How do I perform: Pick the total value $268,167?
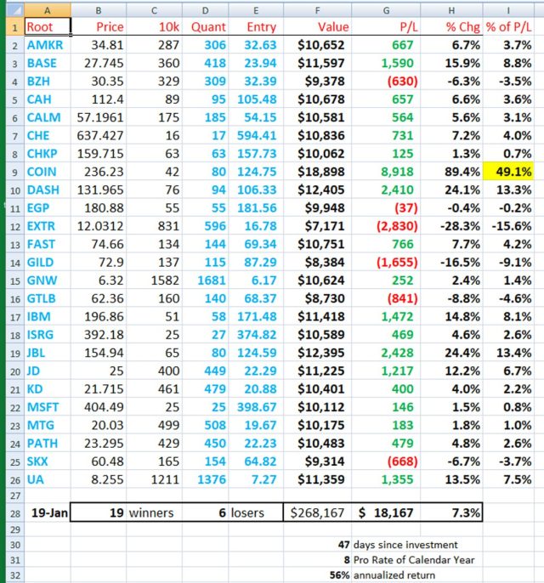[x=319, y=512]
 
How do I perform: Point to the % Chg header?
[x=463, y=27]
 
